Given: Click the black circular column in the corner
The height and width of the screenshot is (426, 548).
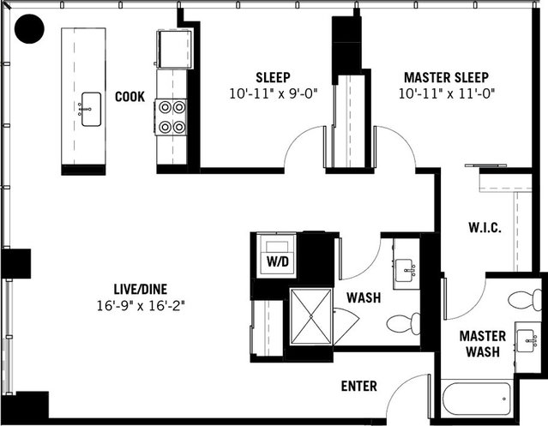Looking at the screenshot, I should point(31,30).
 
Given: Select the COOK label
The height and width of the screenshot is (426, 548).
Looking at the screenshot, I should point(129,97).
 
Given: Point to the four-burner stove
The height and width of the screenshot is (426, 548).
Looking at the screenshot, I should point(171,117).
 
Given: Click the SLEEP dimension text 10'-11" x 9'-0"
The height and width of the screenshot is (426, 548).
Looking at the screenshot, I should point(272,93).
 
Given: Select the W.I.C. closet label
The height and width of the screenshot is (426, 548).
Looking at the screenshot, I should point(485,228).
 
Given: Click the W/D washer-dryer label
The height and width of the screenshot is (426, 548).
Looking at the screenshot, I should point(276,260).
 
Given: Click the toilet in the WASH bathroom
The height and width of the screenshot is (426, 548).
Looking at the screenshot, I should point(401,324).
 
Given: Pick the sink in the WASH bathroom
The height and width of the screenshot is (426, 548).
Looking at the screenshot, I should point(404,268).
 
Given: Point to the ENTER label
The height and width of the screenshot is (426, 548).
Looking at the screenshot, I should point(358,387).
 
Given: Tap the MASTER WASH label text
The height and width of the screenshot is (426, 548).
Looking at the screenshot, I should point(482,343).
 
